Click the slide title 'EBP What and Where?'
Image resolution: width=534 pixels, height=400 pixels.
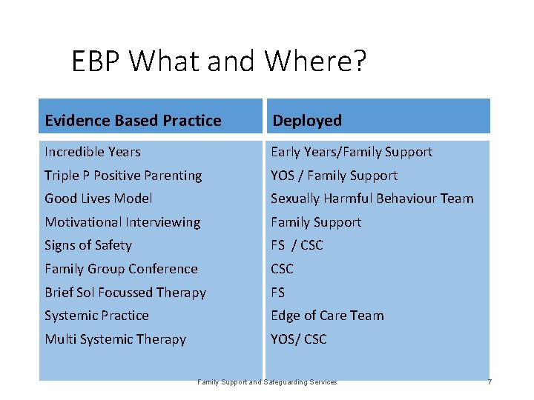pyautogui.click(x=219, y=61)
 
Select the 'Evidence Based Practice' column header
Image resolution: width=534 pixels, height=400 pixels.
pyautogui.click(x=133, y=121)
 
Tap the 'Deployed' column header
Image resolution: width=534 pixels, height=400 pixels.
pyautogui.click(x=307, y=121)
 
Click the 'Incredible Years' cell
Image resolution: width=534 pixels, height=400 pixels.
pyautogui.click(x=93, y=152)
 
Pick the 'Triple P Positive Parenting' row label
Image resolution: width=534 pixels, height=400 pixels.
pyautogui.click(x=123, y=176)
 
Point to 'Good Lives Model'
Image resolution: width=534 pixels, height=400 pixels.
pyautogui.click(x=99, y=199)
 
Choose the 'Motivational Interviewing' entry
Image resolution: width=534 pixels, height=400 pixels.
pyautogui.click(x=122, y=222)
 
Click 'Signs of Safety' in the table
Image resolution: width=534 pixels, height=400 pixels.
pyautogui.click(x=88, y=245)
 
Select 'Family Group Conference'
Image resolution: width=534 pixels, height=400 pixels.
pyautogui.click(x=121, y=269)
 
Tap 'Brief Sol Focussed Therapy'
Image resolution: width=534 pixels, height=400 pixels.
pyautogui.click(x=125, y=293)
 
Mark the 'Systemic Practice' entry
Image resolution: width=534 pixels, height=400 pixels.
pyautogui.click(x=96, y=316)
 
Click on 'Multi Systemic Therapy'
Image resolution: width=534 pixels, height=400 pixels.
pyautogui.click(x=115, y=339)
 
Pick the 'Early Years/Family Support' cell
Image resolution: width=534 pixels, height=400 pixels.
pyautogui.click(x=351, y=152)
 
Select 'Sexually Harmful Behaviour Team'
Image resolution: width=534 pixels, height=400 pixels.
pyautogui.click(x=372, y=199)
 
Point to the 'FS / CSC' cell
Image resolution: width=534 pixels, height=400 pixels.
pyautogui.click(x=297, y=245)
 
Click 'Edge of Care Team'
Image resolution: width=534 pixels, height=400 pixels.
pyautogui.click(x=327, y=316)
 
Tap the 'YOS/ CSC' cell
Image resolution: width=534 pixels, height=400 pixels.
pyautogui.click(x=298, y=339)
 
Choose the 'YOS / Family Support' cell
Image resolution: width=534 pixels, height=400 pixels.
pyautogui.click(x=334, y=176)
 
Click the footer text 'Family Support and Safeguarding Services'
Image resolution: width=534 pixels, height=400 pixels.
pyautogui.click(x=267, y=382)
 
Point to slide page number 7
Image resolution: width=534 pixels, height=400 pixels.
pyautogui.click(x=489, y=382)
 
